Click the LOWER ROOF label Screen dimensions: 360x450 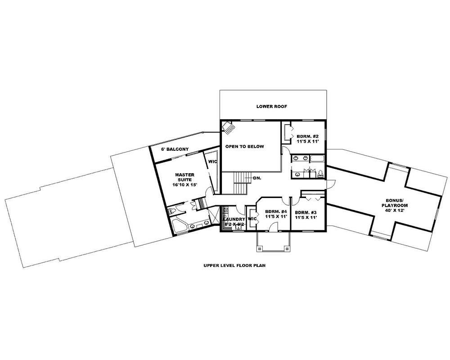click(271, 107)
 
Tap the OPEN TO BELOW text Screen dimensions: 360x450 click(245, 146)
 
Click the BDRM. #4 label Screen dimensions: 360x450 click(276, 211)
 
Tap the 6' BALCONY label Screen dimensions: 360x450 click(175, 149)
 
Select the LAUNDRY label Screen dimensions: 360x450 click(234, 219)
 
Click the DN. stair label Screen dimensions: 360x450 click(257, 178)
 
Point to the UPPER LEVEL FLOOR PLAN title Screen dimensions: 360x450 click(234, 265)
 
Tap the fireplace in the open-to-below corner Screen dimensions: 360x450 click(229, 128)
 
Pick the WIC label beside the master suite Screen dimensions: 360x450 click(212, 161)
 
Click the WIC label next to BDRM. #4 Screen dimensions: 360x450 click(252, 219)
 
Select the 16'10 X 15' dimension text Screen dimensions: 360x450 click(184, 184)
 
